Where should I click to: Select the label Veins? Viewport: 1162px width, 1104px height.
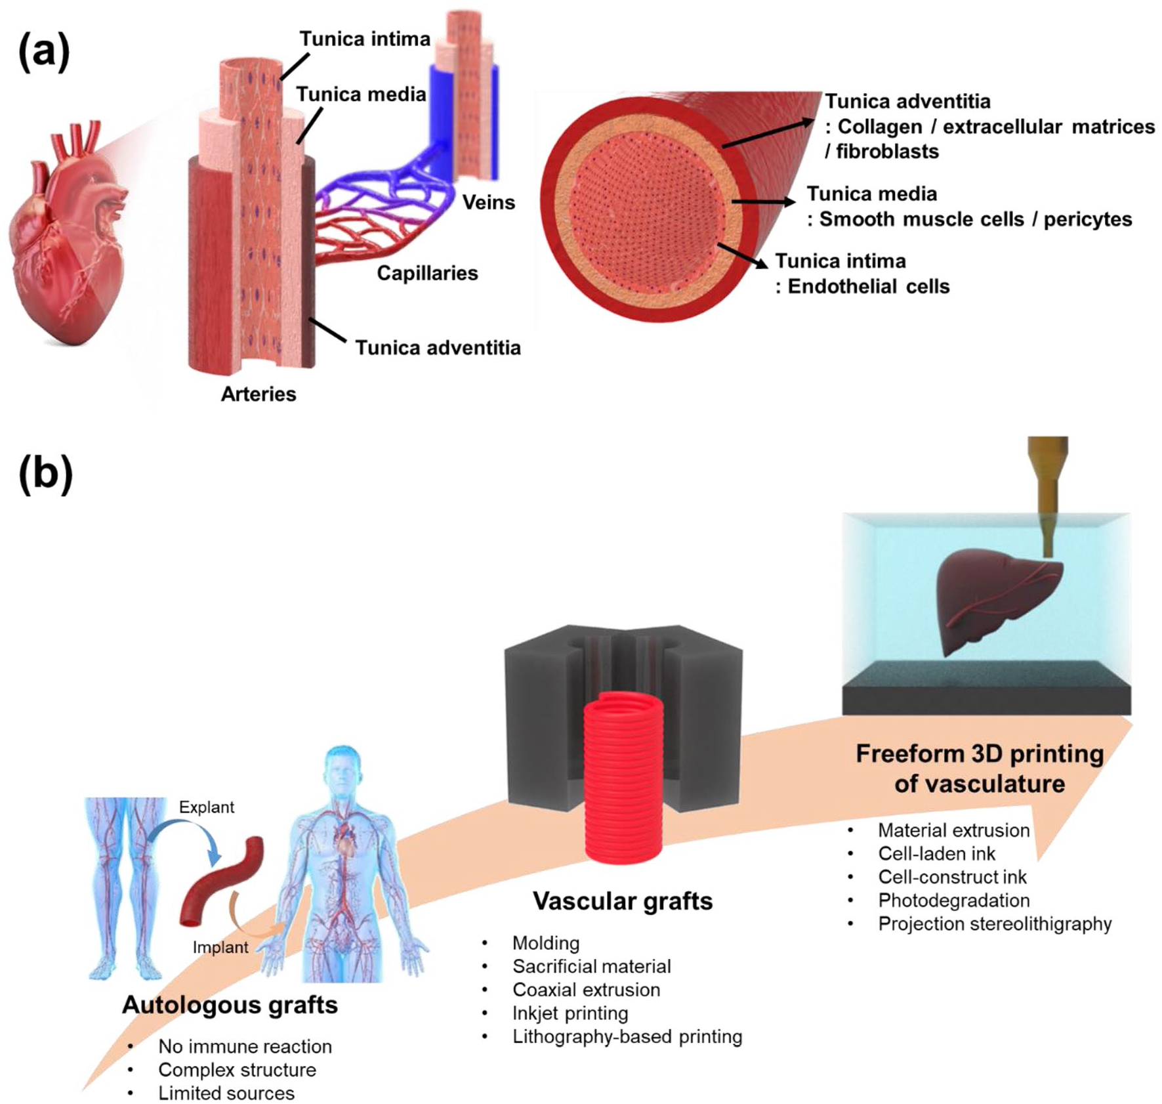[x=488, y=202]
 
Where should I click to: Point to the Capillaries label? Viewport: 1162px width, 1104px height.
[x=427, y=273]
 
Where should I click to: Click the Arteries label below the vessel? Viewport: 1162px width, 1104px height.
[x=259, y=394]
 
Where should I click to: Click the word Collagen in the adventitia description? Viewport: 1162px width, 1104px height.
[x=879, y=127]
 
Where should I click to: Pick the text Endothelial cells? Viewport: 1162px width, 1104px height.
[x=868, y=286]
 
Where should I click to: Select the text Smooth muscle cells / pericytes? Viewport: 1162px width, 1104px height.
[x=975, y=219]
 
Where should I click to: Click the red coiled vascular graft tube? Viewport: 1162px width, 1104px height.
[x=623, y=778]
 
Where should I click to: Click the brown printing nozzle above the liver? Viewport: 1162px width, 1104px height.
[x=1048, y=492]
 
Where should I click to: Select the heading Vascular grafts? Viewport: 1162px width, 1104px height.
[x=622, y=901]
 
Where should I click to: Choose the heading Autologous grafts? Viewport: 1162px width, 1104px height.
[x=230, y=1005]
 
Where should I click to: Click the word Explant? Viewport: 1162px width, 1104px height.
[x=207, y=807]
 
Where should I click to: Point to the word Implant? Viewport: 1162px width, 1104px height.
[x=220, y=947]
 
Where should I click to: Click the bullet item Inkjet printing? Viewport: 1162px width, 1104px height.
[x=570, y=1013]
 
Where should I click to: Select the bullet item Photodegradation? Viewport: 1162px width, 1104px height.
[x=953, y=900]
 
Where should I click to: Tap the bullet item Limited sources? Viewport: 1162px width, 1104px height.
[x=226, y=1093]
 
